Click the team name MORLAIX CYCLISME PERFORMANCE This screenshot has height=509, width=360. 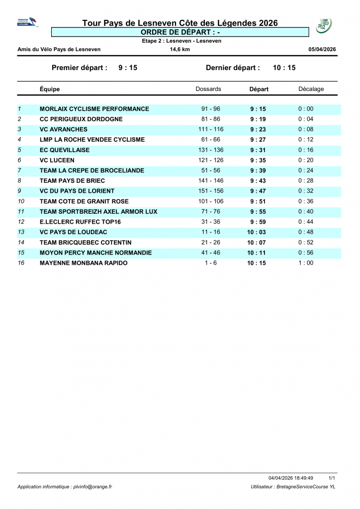click(x=94, y=109)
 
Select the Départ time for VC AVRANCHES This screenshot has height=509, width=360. click(x=258, y=130)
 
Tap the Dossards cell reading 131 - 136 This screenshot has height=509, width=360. click(x=211, y=150)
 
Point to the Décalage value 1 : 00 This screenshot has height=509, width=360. click(x=306, y=263)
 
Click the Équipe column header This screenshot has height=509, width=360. click(x=50, y=89)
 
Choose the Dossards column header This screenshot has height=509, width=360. click(x=208, y=89)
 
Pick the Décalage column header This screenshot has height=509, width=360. click(x=311, y=89)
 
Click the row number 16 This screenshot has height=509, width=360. click(x=21, y=263)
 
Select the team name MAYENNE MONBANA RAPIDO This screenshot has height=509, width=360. click(x=83, y=263)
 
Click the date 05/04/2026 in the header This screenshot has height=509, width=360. click(x=322, y=49)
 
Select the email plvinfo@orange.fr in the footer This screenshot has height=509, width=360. click(x=91, y=487)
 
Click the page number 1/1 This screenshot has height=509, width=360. click(x=332, y=477)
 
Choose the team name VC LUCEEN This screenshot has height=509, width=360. click(x=57, y=161)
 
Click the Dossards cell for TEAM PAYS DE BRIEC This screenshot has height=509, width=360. click(x=211, y=181)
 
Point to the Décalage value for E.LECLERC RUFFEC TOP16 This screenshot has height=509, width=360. click(x=306, y=222)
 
